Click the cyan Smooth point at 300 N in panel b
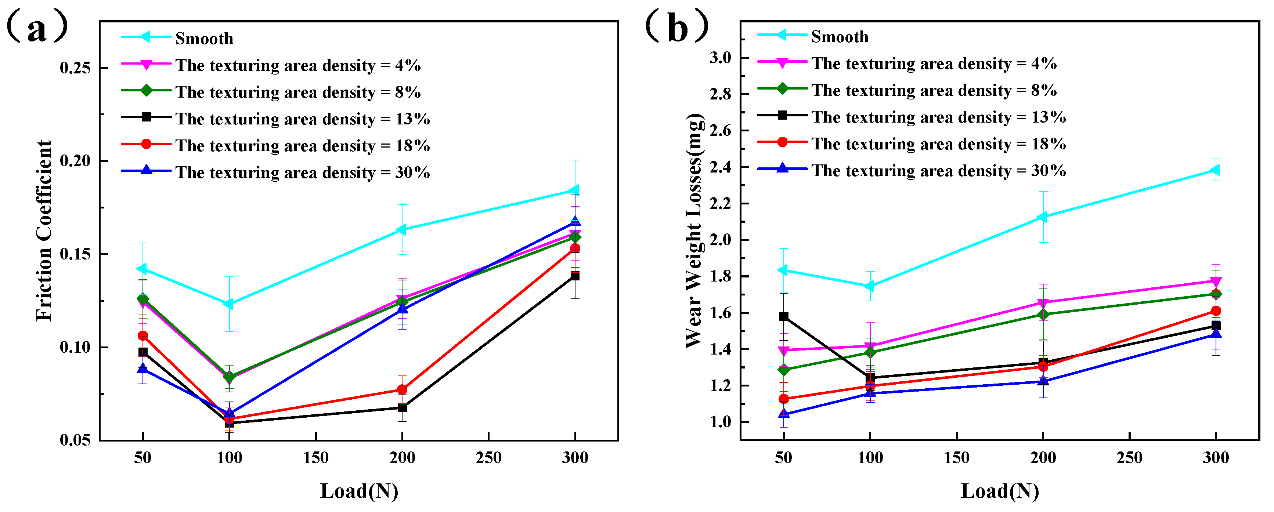(1215, 170)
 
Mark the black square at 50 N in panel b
(784, 316)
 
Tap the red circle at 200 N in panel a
(402, 389)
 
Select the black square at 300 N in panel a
(575, 276)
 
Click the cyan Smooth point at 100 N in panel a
(229, 304)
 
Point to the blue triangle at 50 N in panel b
(784, 414)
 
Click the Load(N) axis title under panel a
(359, 491)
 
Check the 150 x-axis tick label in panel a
(315, 458)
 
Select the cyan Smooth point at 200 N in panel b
(1043, 217)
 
